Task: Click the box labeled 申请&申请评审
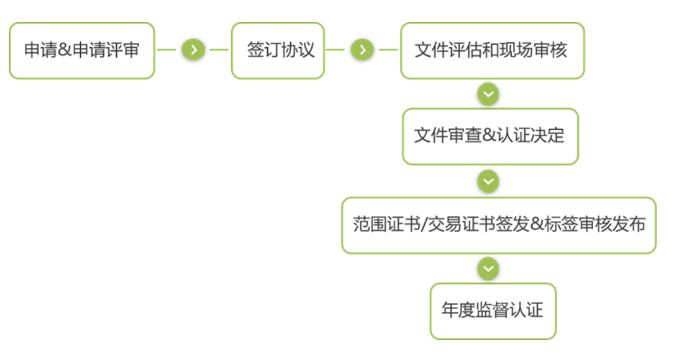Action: click(x=81, y=50)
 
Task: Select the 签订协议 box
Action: click(x=278, y=50)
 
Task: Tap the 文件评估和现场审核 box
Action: click(x=492, y=50)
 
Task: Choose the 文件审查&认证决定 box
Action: click(x=490, y=136)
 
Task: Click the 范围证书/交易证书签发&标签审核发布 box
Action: click(x=498, y=225)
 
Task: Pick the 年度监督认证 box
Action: click(x=492, y=311)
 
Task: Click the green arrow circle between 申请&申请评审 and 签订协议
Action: click(x=193, y=50)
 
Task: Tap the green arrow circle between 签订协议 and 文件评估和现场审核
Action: click(x=362, y=50)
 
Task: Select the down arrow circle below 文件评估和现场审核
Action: click(x=489, y=94)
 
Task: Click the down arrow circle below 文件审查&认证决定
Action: click(x=489, y=181)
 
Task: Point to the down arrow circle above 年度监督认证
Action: click(x=489, y=269)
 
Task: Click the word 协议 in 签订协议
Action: click(x=298, y=50)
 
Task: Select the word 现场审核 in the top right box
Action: click(x=535, y=50)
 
